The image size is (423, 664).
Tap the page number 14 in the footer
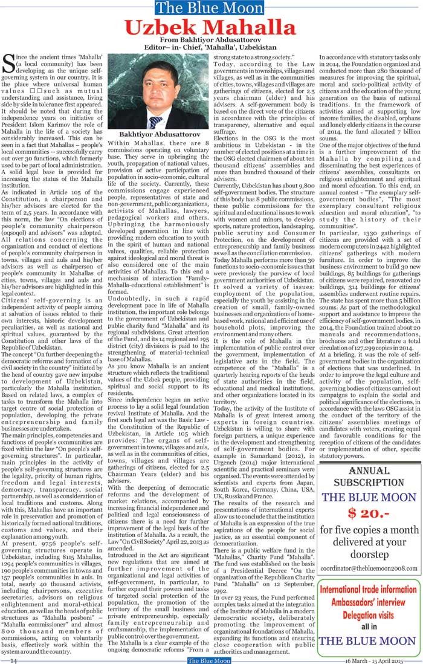(x=13, y=660)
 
